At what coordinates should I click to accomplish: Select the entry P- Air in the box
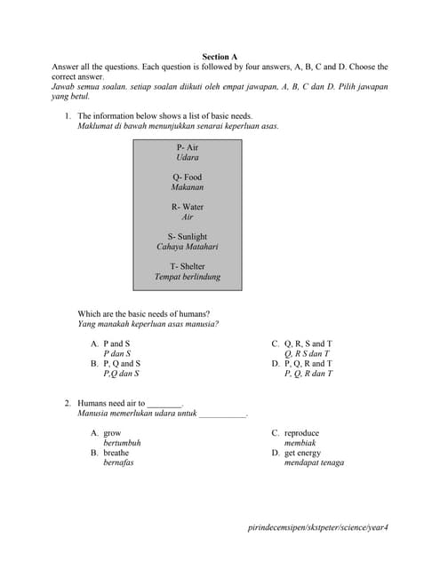(x=188, y=147)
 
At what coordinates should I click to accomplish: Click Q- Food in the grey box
(x=188, y=177)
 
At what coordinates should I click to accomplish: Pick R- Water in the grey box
(x=188, y=207)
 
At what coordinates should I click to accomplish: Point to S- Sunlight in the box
(x=188, y=237)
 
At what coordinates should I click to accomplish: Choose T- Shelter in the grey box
(x=188, y=266)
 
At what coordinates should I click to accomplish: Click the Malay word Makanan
(x=188, y=187)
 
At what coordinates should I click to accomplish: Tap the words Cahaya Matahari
(x=188, y=247)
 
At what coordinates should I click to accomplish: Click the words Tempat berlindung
(x=188, y=277)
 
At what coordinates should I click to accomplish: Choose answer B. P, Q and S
(x=115, y=364)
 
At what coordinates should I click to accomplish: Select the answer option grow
(x=106, y=433)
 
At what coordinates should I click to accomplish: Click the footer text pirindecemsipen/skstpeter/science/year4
(x=318, y=527)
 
